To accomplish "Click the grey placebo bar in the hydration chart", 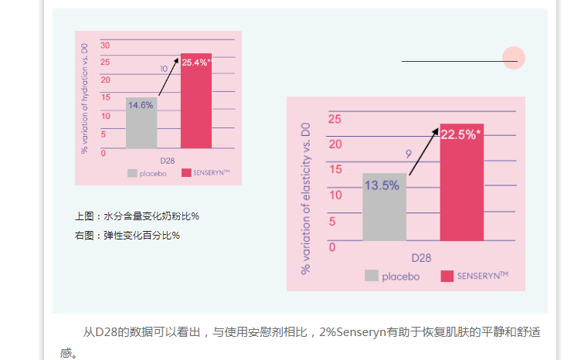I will point(141,127).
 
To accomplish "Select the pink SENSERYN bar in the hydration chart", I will point(196,108).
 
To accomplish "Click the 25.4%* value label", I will point(196,63).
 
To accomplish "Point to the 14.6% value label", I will point(141,105).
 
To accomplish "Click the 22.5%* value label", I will point(460,134).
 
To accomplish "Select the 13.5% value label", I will point(382,185).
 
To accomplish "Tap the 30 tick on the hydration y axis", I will point(105,45).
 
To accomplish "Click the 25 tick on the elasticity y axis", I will point(335,119).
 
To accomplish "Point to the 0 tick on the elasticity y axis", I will point(332,247).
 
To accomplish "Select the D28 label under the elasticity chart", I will point(421,257).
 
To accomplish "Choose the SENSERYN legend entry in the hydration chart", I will point(206,173).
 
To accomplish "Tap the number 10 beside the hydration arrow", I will point(164,69).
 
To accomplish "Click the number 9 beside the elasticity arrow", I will point(409,155).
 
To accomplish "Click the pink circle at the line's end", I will point(514,58).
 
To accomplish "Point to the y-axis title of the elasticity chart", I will point(306,197).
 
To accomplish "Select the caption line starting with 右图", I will point(127,235).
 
